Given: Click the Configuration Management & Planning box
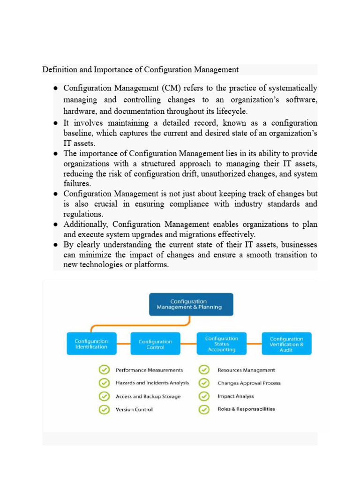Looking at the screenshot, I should pyautogui.click(x=191, y=304).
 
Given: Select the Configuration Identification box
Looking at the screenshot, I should pyautogui.click(x=91, y=344).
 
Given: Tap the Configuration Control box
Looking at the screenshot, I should pyautogui.click(x=155, y=345).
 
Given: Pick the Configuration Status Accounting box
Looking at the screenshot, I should pyautogui.click(x=222, y=344).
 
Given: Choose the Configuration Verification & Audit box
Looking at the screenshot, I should pyautogui.click(x=286, y=344).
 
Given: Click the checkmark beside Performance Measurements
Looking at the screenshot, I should pyautogui.click(x=104, y=370).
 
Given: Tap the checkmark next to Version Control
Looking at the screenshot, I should pyautogui.click(x=104, y=409).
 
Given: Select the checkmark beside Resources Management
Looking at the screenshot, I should pyautogui.click(x=204, y=370).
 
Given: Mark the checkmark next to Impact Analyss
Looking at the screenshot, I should pyautogui.click(x=204, y=396).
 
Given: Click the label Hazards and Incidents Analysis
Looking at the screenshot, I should pyautogui.click(x=152, y=383).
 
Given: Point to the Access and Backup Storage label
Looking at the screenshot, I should pyautogui.click(x=148, y=396).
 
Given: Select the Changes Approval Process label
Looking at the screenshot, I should pyautogui.click(x=249, y=383).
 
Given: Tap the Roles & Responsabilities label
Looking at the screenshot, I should pyautogui.click(x=246, y=409).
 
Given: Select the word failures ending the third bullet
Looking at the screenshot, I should pyautogui.click(x=77, y=184).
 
